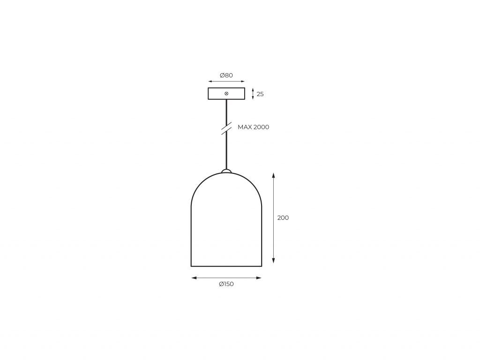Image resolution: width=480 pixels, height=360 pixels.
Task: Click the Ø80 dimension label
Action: tap(226, 75)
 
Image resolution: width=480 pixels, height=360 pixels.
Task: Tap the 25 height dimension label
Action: tap(260, 94)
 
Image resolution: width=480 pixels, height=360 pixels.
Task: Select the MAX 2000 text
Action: tap(254, 127)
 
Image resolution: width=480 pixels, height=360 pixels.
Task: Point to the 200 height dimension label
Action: tap(283, 218)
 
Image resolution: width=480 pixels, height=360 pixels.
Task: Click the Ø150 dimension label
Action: tap(226, 284)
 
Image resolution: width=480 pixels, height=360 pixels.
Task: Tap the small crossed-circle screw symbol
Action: tap(226, 94)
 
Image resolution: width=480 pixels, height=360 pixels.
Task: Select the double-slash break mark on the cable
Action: tap(226, 128)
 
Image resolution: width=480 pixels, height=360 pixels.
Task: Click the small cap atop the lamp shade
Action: tap(226, 171)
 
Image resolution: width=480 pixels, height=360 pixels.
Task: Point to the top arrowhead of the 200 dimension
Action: tap(273, 175)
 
